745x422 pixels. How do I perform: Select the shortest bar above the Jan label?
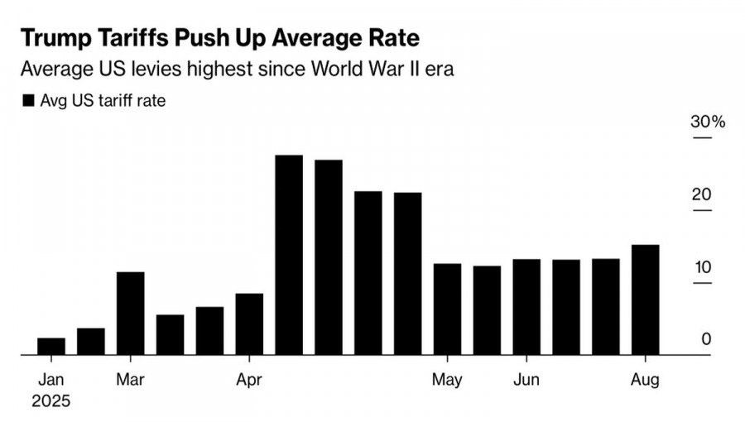[51, 347]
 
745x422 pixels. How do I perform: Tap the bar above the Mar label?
[131, 314]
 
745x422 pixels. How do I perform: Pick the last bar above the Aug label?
[646, 300]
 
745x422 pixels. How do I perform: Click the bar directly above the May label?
[448, 309]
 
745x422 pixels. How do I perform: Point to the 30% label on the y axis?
[708, 122]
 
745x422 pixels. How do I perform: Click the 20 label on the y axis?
[702, 195]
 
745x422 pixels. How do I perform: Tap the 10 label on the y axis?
[702, 267]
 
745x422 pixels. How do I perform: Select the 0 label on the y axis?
[705, 338]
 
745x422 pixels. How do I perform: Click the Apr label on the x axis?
[249, 381]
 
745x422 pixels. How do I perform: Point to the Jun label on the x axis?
[526, 381]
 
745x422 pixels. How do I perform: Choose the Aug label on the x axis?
[646, 381]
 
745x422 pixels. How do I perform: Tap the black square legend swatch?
[28, 101]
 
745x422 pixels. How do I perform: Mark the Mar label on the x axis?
[131, 381]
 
